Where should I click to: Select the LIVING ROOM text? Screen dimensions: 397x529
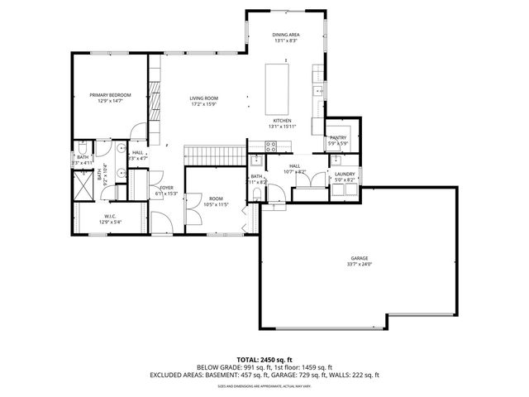coord(203,98)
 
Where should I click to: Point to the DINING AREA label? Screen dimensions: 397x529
coord(285,34)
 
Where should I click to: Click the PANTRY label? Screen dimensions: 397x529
coord(337,138)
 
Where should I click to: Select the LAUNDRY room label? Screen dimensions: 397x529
coord(344,174)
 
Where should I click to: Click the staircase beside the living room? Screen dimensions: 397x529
coord(215,154)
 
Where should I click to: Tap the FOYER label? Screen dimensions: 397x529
coord(166,188)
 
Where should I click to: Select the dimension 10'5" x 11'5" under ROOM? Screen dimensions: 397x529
coord(216,204)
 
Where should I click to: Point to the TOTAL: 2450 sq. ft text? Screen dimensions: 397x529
coord(264,360)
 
